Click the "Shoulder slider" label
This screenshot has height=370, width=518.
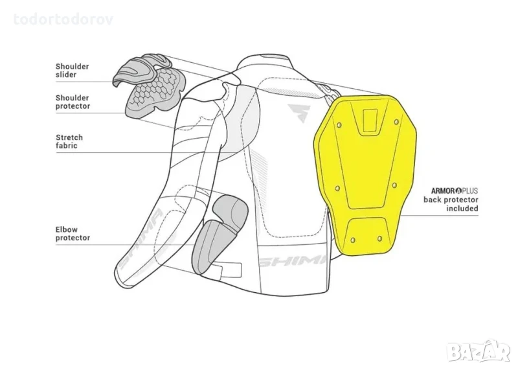pyautogui.click(x=72, y=71)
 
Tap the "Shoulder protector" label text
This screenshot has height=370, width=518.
pyautogui.click(x=73, y=102)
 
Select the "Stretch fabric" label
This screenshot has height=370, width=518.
pyautogui.click(x=69, y=141)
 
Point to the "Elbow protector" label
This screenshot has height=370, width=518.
pyautogui.click(x=73, y=233)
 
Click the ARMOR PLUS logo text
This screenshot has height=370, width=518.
pyautogui.click(x=455, y=191)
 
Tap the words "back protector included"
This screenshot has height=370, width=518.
pyautogui.click(x=451, y=204)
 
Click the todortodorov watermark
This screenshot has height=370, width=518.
pyautogui.click(x=63, y=19)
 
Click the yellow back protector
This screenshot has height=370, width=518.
pyautogui.click(x=365, y=174)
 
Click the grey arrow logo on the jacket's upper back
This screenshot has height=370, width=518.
pyautogui.click(x=298, y=112)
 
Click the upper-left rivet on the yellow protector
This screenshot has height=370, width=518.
pyautogui.click(x=339, y=124)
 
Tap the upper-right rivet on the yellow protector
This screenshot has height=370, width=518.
pyautogui.click(x=396, y=122)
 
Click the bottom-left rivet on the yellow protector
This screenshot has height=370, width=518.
pyautogui.click(x=353, y=239)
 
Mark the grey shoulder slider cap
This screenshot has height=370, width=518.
pyautogui.click(x=141, y=69)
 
